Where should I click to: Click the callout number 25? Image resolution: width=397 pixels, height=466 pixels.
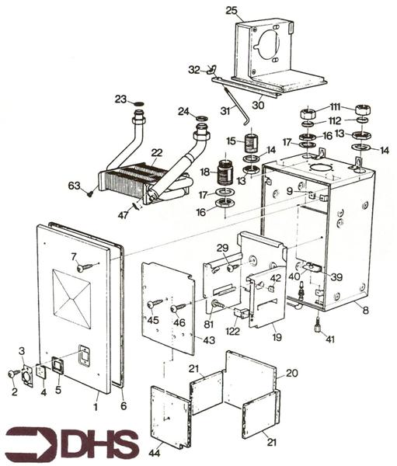[231, 10]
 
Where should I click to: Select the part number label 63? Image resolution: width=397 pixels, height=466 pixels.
[75, 186]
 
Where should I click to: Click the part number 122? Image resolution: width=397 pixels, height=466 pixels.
[233, 331]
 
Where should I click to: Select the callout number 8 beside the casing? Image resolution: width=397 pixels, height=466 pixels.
[365, 310]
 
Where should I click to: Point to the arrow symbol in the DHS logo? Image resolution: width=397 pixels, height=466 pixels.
[31, 443]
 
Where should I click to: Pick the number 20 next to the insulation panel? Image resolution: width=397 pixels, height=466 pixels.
[291, 373]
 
